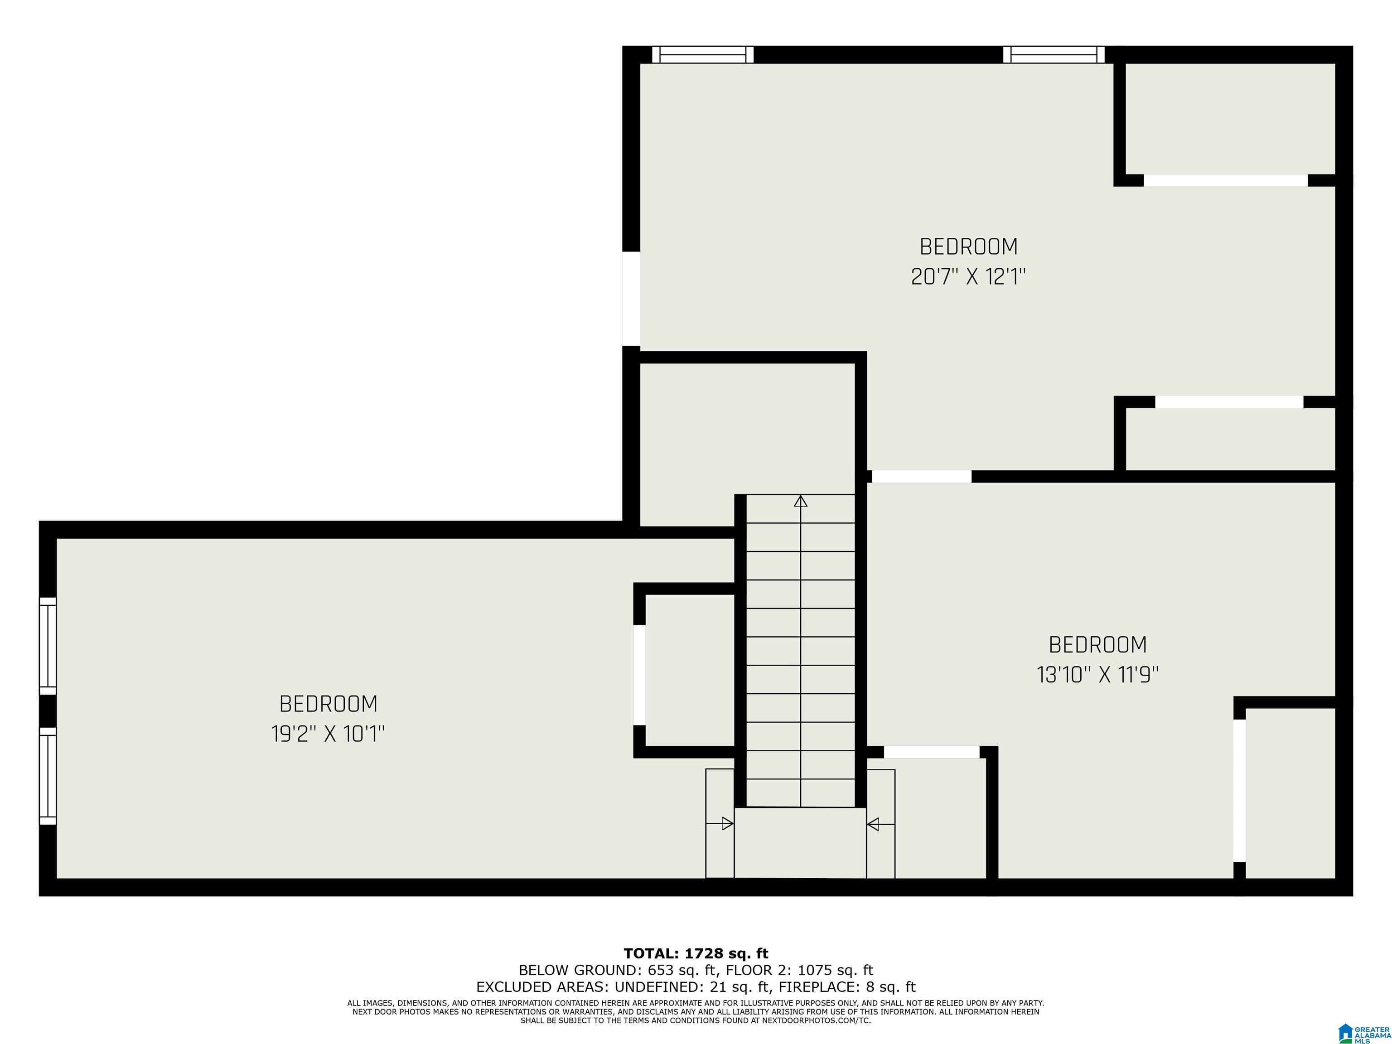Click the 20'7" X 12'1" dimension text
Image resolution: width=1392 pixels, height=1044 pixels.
pyautogui.click(x=968, y=276)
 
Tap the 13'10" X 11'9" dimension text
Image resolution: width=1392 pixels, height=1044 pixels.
pyautogui.click(x=1097, y=675)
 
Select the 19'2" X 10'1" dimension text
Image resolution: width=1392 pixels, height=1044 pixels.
pyautogui.click(x=328, y=734)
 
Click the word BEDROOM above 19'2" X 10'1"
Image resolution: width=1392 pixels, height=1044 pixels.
pyautogui.click(x=328, y=704)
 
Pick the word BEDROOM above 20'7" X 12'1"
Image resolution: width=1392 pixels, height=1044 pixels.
pyautogui.click(x=968, y=246)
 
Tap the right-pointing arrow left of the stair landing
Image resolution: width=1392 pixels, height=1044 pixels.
pyautogui.click(x=720, y=823)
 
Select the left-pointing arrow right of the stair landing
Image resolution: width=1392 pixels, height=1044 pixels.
pyautogui.click(x=881, y=824)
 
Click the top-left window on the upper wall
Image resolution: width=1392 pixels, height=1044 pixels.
pyautogui.click(x=703, y=55)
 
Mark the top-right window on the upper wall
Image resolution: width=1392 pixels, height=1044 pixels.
pyautogui.click(x=1054, y=55)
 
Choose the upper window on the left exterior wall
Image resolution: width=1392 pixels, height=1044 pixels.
pyautogui.click(x=48, y=646)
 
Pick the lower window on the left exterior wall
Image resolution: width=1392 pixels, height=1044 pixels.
pyautogui.click(x=48, y=776)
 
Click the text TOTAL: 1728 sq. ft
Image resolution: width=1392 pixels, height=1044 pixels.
pyautogui.click(x=696, y=954)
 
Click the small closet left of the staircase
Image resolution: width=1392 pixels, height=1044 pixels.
pyautogui.click(x=690, y=670)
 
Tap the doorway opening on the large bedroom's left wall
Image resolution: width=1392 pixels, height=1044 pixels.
pyautogui.click(x=631, y=299)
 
